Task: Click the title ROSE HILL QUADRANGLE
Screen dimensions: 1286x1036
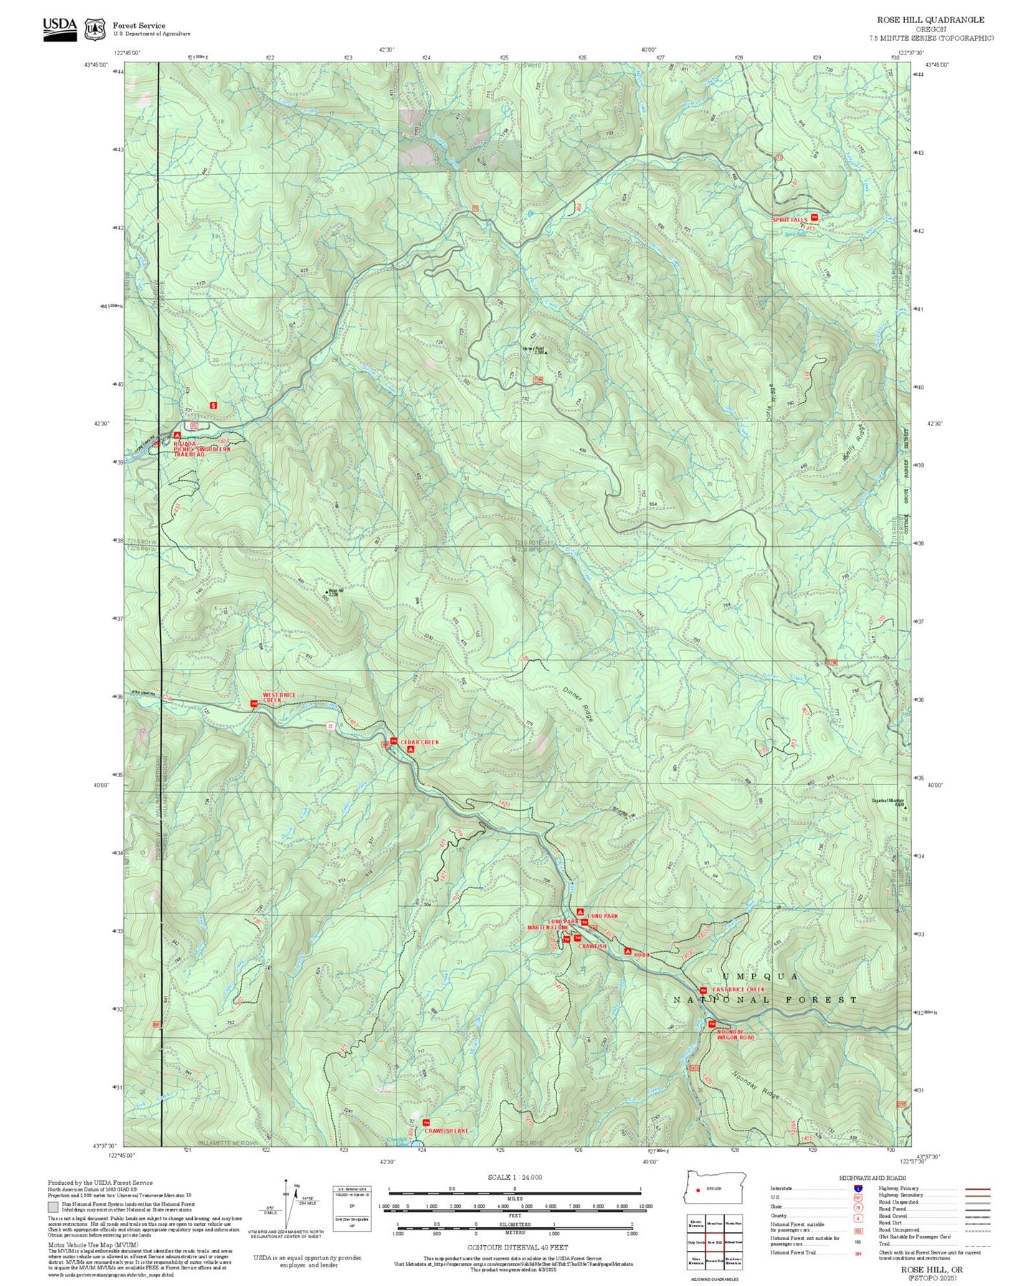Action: click(x=930, y=20)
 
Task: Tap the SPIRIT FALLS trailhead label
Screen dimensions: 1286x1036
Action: click(x=789, y=219)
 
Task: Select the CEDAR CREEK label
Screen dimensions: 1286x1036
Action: click(x=419, y=742)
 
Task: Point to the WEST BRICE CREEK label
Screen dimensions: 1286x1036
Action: click(x=278, y=697)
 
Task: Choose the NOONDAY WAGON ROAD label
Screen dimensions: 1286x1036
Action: click(x=736, y=1034)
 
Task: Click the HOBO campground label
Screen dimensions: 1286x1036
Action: click(x=641, y=955)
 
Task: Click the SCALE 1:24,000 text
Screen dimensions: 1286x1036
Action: click(x=514, y=1177)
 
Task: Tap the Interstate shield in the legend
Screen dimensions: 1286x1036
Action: click(x=857, y=1189)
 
